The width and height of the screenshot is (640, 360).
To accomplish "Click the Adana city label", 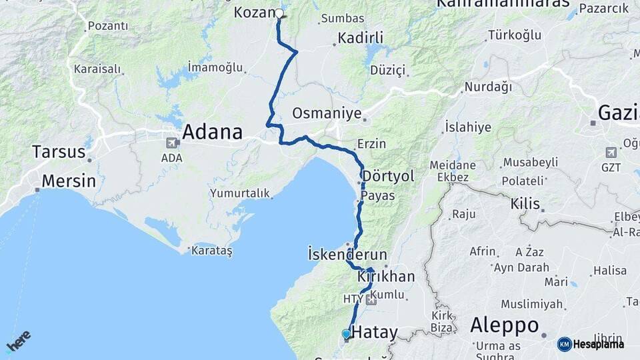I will click(212, 132).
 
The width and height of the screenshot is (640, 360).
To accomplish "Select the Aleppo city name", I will click(504, 325).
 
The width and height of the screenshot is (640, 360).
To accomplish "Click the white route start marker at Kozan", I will click(279, 13).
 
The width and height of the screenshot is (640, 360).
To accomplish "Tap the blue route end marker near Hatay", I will click(346, 333).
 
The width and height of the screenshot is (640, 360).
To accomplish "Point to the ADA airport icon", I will click(173, 142).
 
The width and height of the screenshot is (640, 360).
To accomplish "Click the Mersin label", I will click(69, 181).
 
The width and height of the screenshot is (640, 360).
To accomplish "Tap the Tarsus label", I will click(59, 151).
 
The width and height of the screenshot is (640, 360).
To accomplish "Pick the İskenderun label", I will click(347, 254).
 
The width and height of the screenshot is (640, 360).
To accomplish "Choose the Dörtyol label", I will click(388, 175).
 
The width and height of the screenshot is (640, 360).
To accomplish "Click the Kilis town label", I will click(525, 203).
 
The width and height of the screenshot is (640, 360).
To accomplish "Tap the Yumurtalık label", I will click(240, 193).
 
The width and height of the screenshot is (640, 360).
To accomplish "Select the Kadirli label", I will click(360, 38).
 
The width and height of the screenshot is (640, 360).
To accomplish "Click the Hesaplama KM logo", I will click(591, 344).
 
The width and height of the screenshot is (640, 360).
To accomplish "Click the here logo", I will click(18, 341).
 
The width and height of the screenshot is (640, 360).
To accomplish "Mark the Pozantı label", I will click(107, 26).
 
